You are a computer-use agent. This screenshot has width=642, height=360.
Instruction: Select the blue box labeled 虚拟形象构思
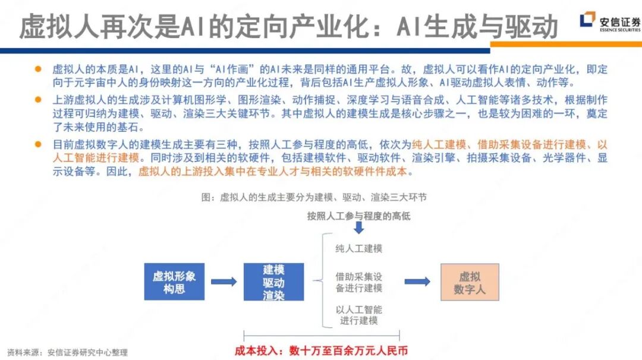tap(174, 282)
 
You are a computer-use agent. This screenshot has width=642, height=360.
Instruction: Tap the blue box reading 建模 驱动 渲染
tap(273, 282)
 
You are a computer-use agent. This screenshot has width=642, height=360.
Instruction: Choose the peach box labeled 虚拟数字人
tap(470, 282)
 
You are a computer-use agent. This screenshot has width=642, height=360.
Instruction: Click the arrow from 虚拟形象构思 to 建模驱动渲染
tap(224, 282)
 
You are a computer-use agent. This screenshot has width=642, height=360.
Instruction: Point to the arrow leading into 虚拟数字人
tap(417, 282)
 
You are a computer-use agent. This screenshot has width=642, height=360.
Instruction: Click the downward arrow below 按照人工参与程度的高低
tap(358, 228)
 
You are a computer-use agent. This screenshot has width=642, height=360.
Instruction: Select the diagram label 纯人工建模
tap(358, 248)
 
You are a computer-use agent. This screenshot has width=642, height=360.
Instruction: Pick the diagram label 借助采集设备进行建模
tap(358, 282)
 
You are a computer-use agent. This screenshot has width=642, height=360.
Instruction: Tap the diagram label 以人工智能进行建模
tap(358, 315)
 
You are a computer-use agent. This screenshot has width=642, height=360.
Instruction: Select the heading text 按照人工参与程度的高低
tap(358, 216)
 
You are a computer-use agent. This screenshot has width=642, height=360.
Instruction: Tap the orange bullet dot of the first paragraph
tap(38, 69)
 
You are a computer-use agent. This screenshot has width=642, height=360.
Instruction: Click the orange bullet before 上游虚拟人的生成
tap(38, 99)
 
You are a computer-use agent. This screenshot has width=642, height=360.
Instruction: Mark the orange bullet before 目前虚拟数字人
tap(38, 144)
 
